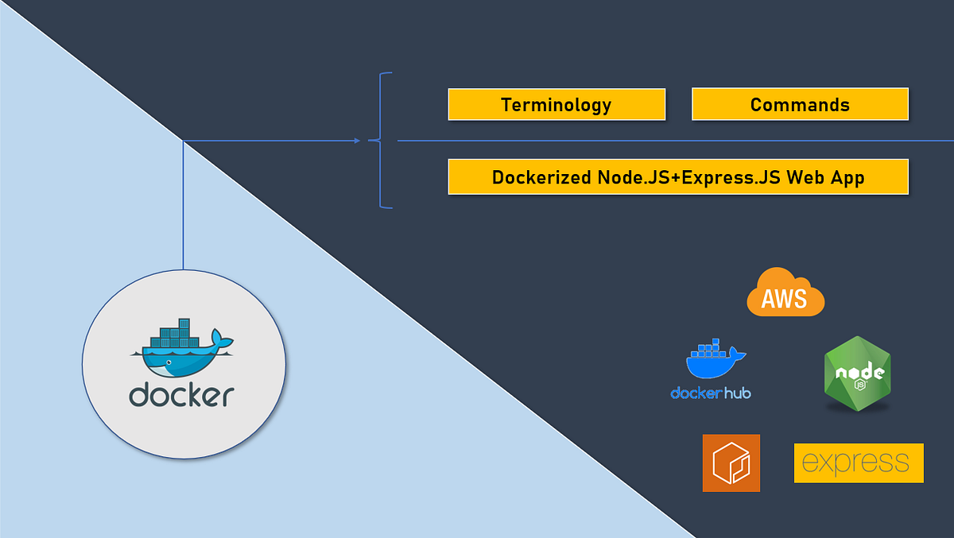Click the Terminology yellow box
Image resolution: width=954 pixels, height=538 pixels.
(x=556, y=104)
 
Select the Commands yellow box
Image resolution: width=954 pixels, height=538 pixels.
(x=800, y=104)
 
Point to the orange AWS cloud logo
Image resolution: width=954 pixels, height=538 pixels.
(x=785, y=292)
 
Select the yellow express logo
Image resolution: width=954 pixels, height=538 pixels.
(x=859, y=463)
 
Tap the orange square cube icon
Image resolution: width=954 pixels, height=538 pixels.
(x=731, y=463)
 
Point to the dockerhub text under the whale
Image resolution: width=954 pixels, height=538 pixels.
(x=711, y=393)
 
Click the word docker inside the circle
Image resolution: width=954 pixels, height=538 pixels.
(x=182, y=395)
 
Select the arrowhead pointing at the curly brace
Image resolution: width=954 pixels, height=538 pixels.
(x=357, y=141)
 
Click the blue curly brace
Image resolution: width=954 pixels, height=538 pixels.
(x=381, y=141)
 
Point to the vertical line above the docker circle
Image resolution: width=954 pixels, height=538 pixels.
(x=183, y=207)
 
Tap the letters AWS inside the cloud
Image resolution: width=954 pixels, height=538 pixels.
(x=784, y=299)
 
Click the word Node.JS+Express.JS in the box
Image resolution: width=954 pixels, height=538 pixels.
(x=689, y=177)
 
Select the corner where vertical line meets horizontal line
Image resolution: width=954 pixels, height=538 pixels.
(x=183, y=141)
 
